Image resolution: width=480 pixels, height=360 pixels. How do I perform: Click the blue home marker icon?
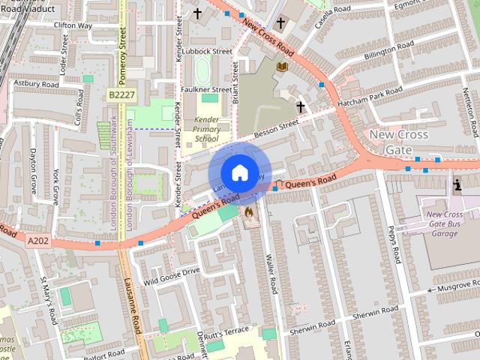tap(239, 172)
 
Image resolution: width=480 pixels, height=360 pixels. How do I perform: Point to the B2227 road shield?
tap(121, 95)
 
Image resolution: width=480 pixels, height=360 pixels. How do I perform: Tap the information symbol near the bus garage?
tap(457, 184)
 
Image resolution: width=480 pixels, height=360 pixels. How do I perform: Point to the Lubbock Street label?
tap(206, 52)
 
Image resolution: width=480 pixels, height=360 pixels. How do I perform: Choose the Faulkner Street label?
tap(205, 88)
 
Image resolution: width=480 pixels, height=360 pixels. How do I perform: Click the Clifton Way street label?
tap(73, 25)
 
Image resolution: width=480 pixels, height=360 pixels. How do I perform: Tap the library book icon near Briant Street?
tap(282, 67)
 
